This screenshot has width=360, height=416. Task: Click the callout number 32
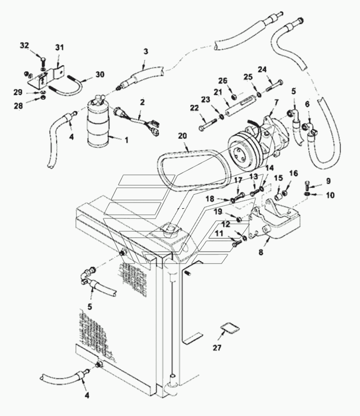pos(24,45)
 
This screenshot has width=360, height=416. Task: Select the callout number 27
pos(217,348)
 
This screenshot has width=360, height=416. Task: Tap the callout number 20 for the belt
pos(182,136)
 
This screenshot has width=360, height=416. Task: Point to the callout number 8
pos(261,252)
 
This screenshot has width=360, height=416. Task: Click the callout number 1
pos(127,140)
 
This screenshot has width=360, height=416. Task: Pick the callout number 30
pos(100,75)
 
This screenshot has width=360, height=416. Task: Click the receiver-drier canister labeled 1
pos(98,122)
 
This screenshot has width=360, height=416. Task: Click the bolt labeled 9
pos(307,185)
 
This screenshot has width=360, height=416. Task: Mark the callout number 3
pos(146,52)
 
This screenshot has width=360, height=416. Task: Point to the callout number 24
pos(262,70)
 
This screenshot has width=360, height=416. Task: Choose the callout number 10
pos(330,195)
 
